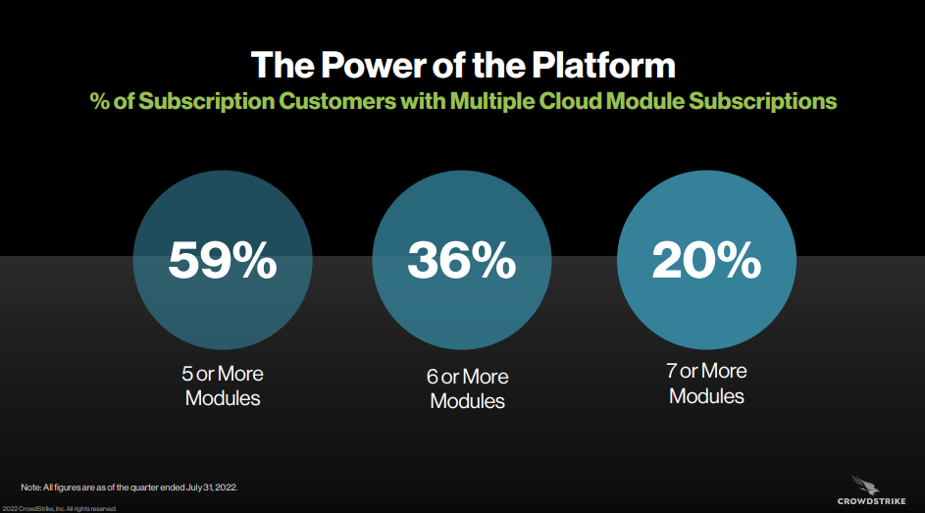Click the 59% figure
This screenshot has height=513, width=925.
tap(223, 260)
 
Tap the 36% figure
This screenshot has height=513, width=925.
tap(461, 260)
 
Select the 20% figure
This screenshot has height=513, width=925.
tap(706, 260)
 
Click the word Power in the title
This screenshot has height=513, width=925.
tap(373, 65)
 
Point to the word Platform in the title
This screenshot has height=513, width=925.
tap(603, 65)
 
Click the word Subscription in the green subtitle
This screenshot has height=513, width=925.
tap(206, 101)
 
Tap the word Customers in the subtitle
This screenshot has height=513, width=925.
tap(336, 101)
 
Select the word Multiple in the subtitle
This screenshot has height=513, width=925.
tap(492, 101)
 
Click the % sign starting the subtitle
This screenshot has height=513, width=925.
tap(100, 101)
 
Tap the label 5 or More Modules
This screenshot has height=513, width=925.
tap(223, 385)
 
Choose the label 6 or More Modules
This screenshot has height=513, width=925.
tap(467, 388)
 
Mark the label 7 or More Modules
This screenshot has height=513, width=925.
tap(706, 384)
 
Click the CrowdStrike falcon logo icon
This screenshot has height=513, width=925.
tap(865, 485)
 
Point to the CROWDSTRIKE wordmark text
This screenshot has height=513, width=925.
tap(871, 501)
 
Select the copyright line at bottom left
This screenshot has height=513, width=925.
tap(60, 508)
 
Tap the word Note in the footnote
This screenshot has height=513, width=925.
tap(30, 487)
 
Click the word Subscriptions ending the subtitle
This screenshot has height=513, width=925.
tap(763, 101)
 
